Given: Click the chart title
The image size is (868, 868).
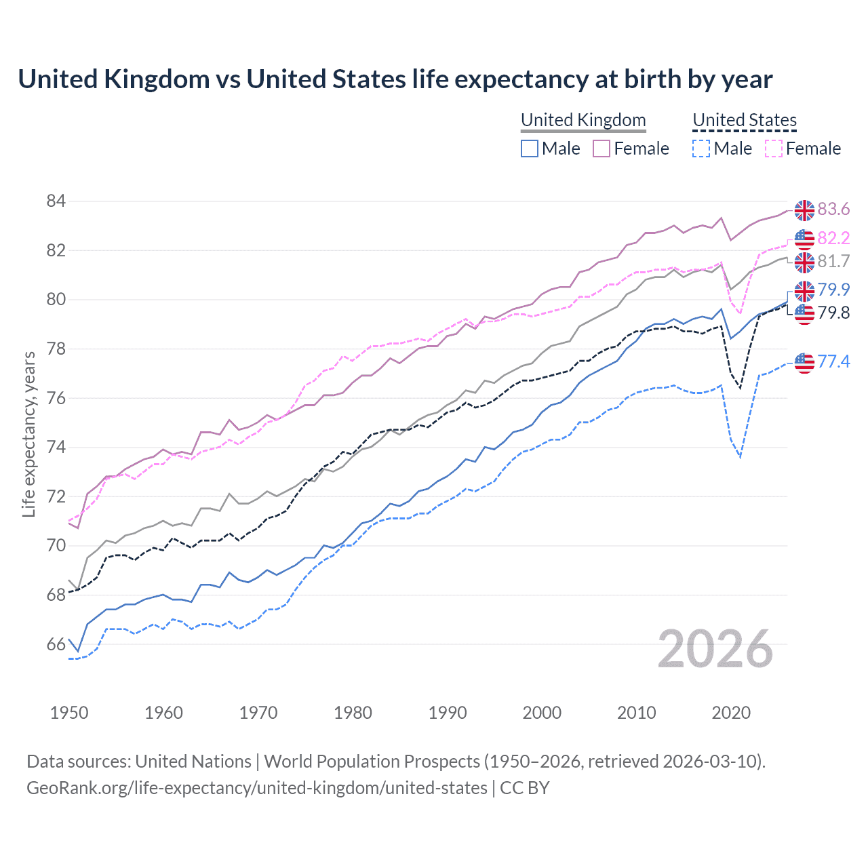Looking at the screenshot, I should coord(395,79).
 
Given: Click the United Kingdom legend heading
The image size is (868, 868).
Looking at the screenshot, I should coord(583,120).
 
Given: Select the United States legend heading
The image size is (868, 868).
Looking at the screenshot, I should coord(744,120).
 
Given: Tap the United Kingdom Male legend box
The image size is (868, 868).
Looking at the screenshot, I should coord(530,149).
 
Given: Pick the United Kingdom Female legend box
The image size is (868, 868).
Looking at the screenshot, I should coord(601,149).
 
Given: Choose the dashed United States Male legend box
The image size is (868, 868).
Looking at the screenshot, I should coord(701,149).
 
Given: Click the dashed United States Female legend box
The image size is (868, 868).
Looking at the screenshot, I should coord(774,149).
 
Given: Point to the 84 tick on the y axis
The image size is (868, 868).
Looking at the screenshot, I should coord(56,201).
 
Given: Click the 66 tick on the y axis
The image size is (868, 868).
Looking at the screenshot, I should coord(56,644).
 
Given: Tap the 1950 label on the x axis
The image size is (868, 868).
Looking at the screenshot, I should coord(69,713).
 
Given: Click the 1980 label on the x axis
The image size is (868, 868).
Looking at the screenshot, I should coord(353,713).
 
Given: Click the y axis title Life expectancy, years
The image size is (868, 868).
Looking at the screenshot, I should coord(28,434).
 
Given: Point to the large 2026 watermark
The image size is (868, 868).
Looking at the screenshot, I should coord(715,649).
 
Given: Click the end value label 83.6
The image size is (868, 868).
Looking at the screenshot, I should coord(833,210).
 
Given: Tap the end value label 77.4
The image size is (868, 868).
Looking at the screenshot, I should coord(833,361).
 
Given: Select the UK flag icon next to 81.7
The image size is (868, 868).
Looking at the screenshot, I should coord(804,262).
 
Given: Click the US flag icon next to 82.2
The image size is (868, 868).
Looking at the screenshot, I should coord(804,239).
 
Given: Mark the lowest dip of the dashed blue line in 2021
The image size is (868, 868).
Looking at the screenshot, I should coord(740,457).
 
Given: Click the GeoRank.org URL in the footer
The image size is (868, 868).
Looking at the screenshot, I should coord(256,788).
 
